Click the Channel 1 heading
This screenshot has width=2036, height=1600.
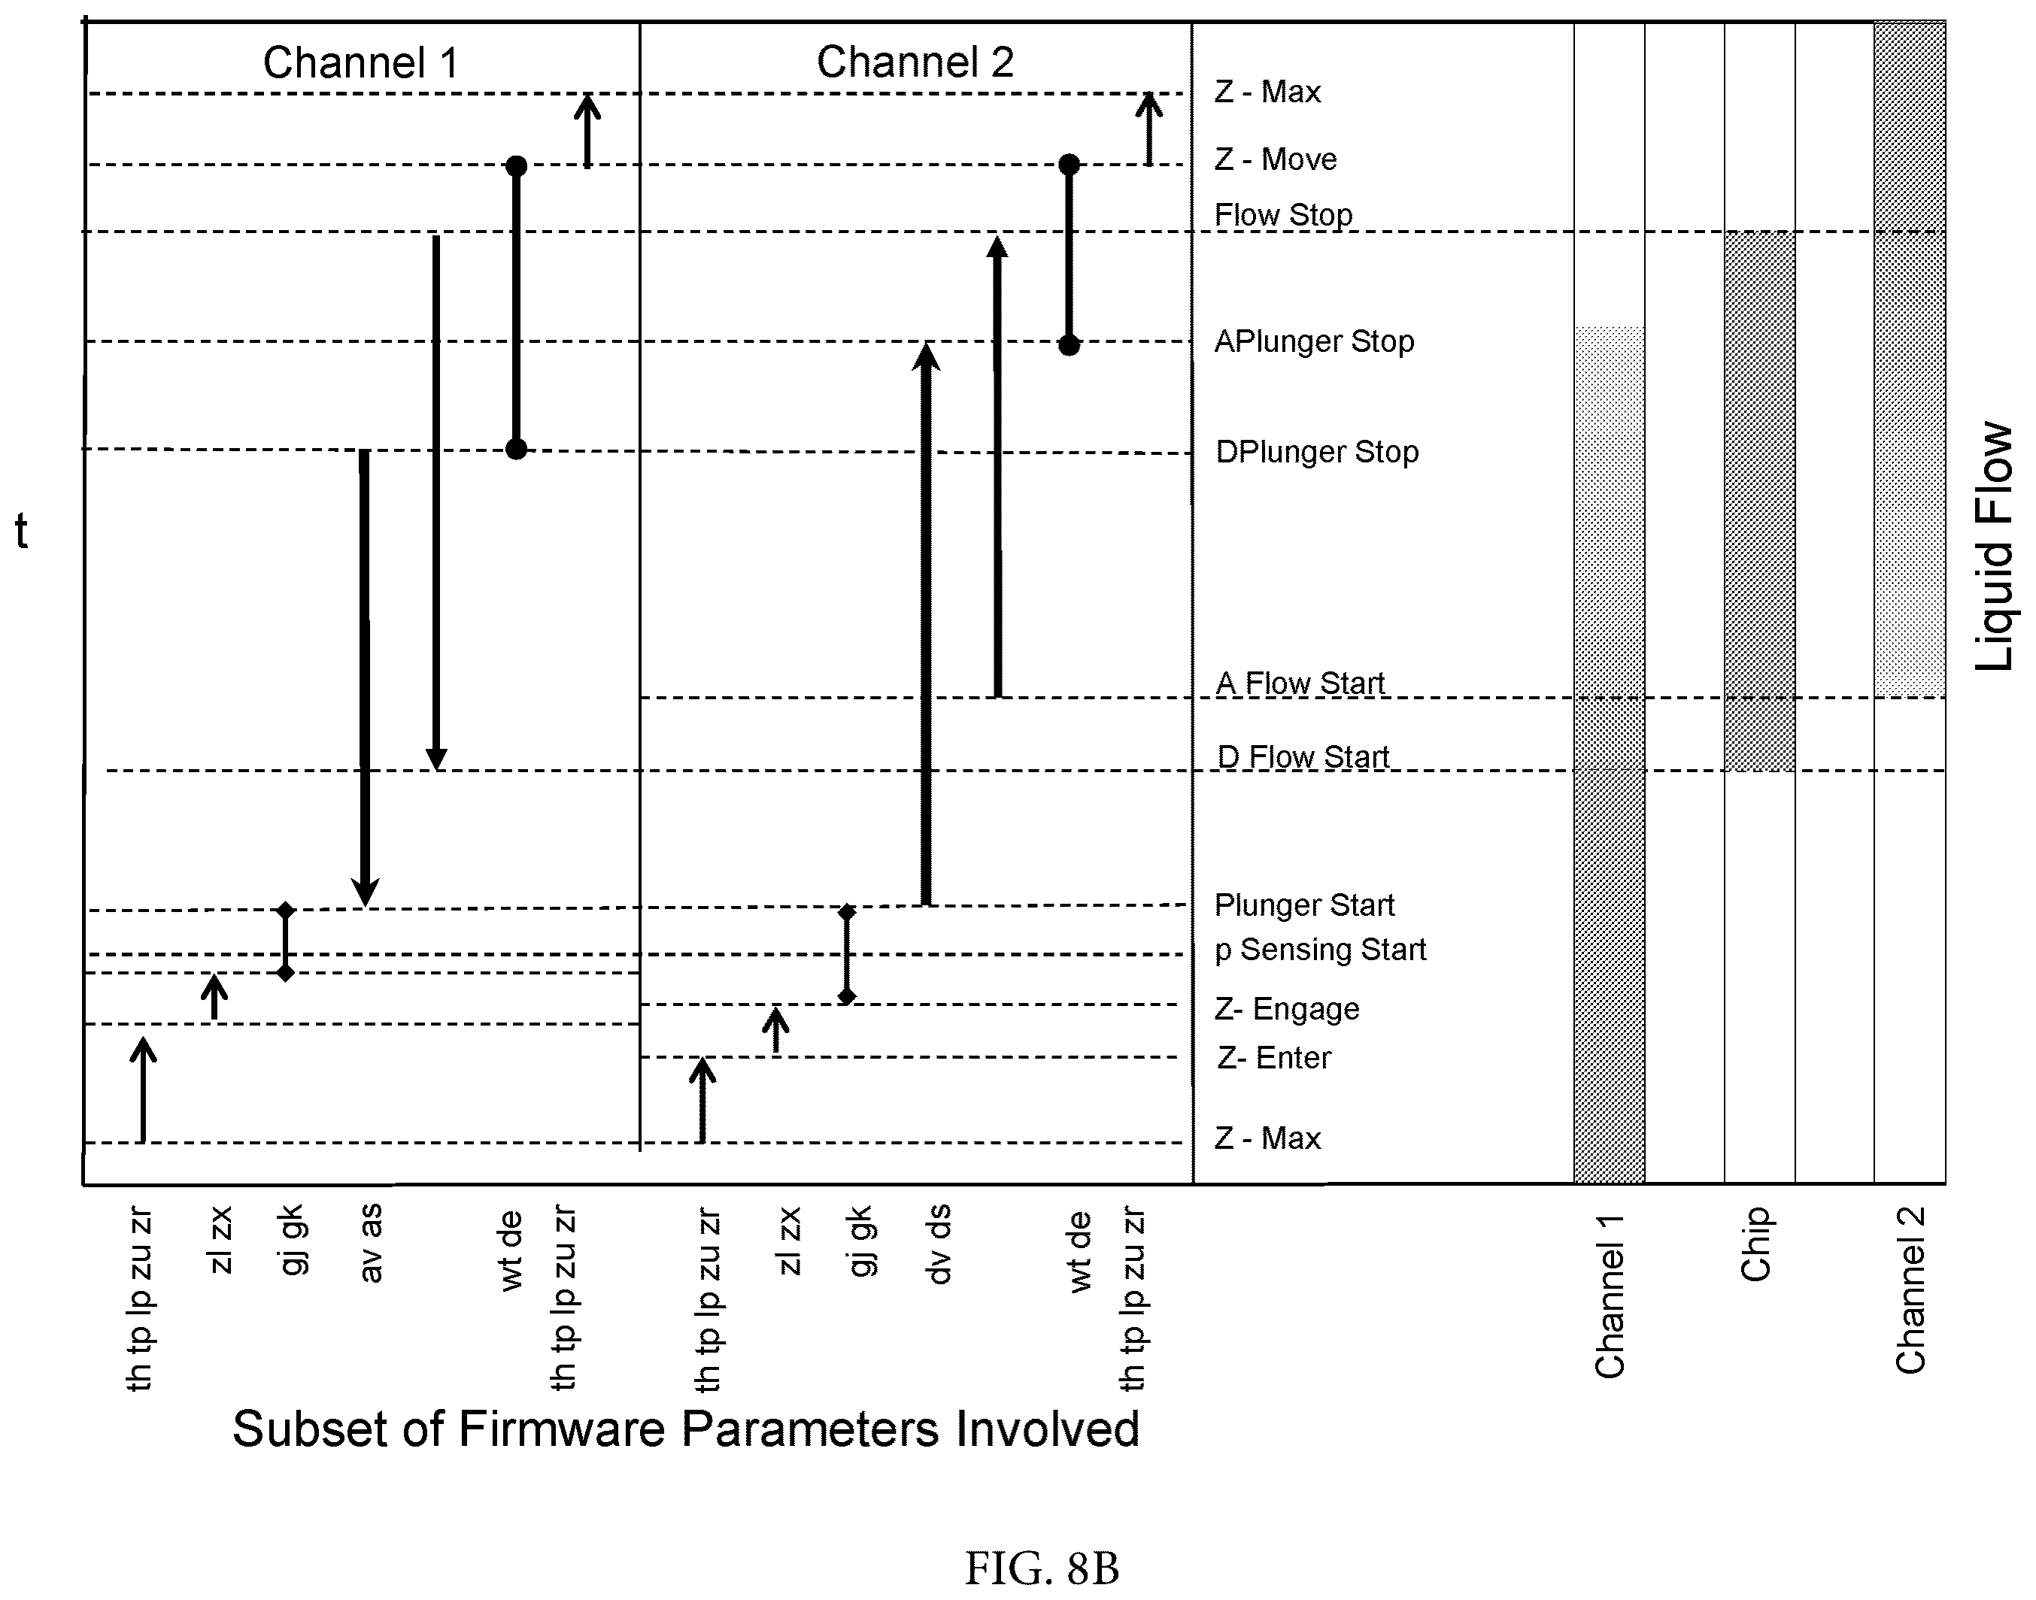pos(361,62)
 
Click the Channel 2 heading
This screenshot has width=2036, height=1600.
pos(915,62)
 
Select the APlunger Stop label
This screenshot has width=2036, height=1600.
pos(1314,342)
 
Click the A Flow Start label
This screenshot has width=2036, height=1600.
pos(1300,683)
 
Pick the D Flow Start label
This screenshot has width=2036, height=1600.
pos(1303,757)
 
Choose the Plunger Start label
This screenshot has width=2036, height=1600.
pos(1304,905)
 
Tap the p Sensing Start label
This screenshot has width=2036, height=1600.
pos(1320,950)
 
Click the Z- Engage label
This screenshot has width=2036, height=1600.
pos(1286,1009)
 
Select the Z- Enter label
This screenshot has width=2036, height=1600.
pos(1273,1058)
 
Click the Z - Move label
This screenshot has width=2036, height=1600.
pos(1275,159)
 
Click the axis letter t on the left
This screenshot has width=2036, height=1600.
pos(22,531)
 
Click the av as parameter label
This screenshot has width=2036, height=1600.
pos(370,1243)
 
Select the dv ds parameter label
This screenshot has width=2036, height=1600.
pos(938,1245)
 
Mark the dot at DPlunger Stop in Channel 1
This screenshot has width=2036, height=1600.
pos(516,450)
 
